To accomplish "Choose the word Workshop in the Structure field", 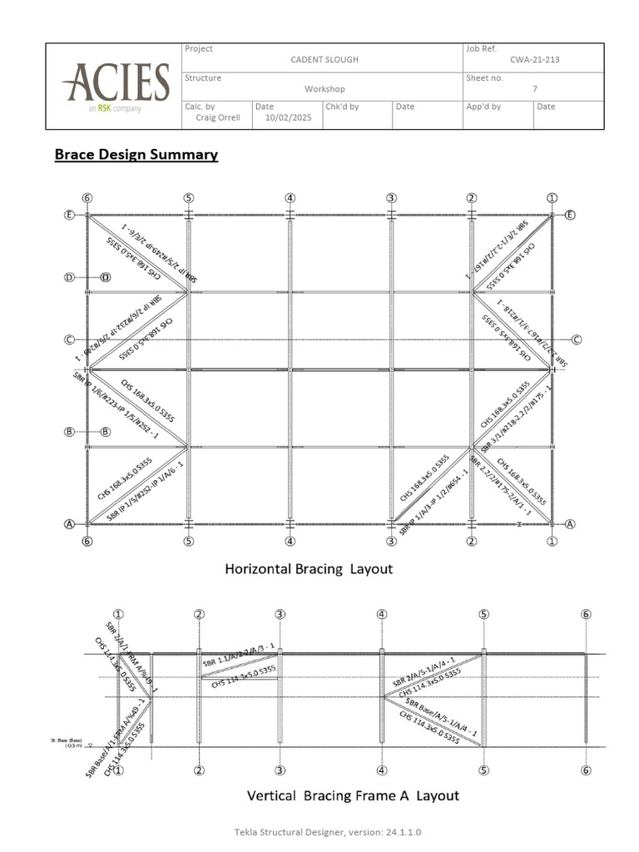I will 324,89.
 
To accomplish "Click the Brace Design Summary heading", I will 136,155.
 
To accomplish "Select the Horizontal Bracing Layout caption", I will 309,569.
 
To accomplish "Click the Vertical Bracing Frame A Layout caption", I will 353,795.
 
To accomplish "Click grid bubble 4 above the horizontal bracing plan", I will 290,198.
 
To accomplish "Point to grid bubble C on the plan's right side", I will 576,339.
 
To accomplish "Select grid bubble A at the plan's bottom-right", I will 570,524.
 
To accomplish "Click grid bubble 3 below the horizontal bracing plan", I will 391,542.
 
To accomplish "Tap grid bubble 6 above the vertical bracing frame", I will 587,615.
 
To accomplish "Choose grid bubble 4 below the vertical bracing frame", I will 381,770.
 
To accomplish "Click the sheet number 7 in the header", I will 534,89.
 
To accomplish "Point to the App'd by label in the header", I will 483,106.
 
